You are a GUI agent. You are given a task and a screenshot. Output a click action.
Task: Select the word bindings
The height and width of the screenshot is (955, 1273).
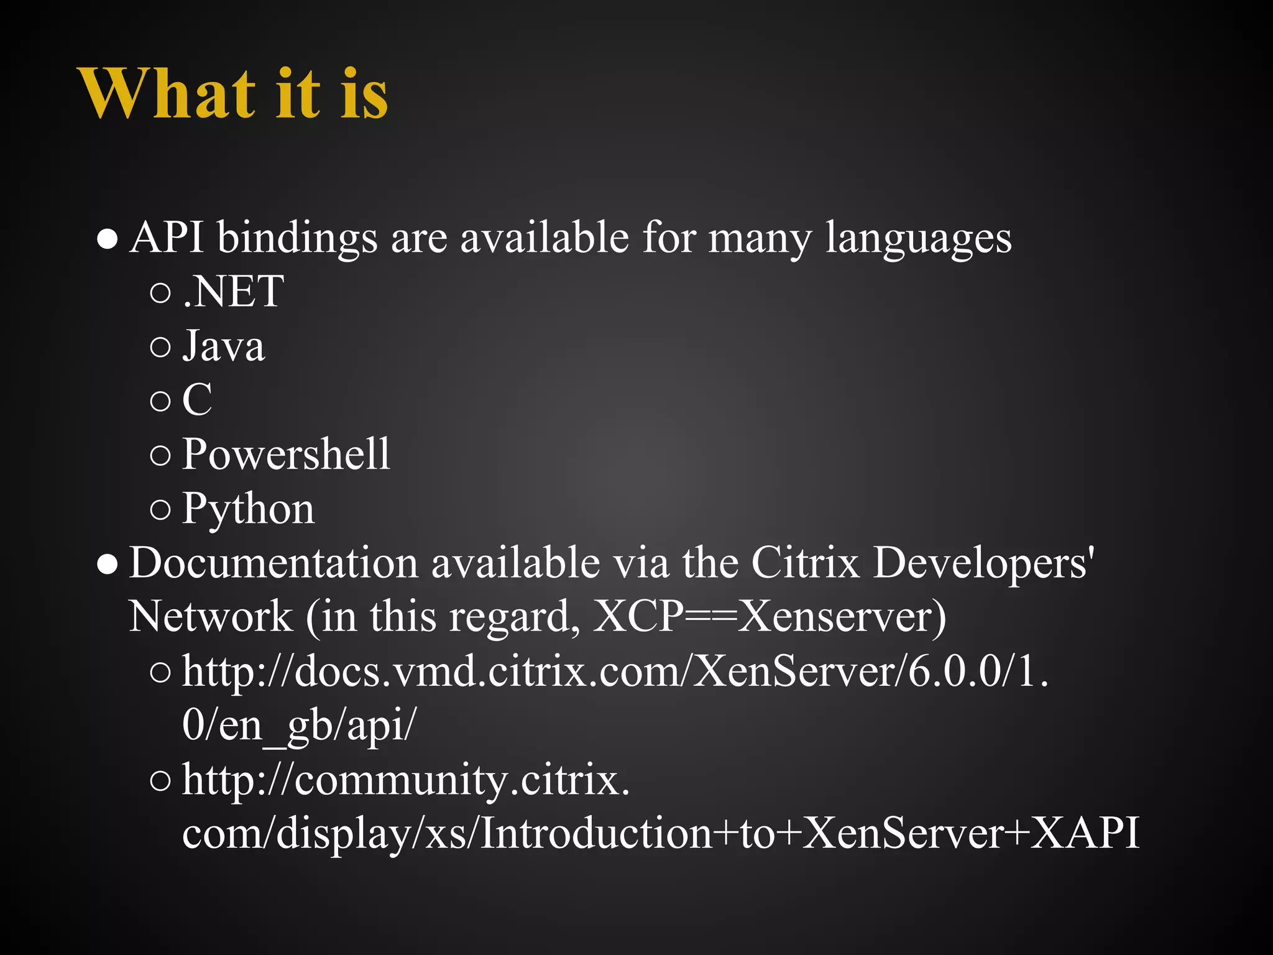coord(297,239)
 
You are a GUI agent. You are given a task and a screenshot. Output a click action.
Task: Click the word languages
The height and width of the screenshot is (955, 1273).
coord(918,239)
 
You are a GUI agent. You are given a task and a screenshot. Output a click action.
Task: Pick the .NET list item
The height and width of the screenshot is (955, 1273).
coord(234,292)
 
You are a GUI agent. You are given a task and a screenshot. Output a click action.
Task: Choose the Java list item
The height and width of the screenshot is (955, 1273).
coord(224,346)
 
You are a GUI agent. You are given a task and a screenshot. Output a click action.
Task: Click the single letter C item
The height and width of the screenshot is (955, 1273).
coord(197,400)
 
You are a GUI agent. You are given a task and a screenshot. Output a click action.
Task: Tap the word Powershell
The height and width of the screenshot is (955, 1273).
coord(286,454)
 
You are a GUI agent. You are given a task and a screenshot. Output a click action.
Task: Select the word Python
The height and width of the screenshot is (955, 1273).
coord(248,509)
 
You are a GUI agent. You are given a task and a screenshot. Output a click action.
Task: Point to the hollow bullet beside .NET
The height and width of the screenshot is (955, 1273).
coord(160,292)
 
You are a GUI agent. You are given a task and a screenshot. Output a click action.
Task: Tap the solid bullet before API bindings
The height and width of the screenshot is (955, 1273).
coord(108,239)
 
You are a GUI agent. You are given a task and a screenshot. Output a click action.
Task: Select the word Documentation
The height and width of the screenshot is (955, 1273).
coord(273,563)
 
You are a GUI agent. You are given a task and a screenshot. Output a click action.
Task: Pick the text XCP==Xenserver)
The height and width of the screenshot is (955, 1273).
coord(770,617)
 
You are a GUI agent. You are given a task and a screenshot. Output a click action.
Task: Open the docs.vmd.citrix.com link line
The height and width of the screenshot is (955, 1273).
coord(615,672)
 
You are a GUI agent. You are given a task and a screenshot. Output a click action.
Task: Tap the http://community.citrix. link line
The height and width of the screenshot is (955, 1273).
coord(406,780)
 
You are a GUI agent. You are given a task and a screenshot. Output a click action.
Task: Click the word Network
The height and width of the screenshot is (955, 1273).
coord(210,617)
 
